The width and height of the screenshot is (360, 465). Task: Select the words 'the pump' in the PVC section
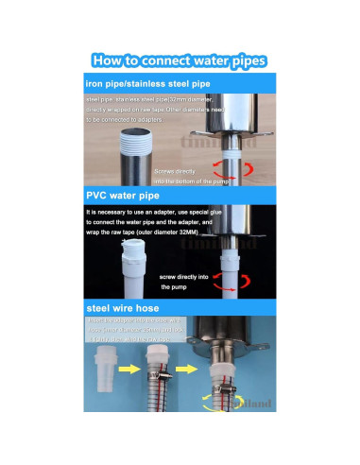[176, 287]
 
